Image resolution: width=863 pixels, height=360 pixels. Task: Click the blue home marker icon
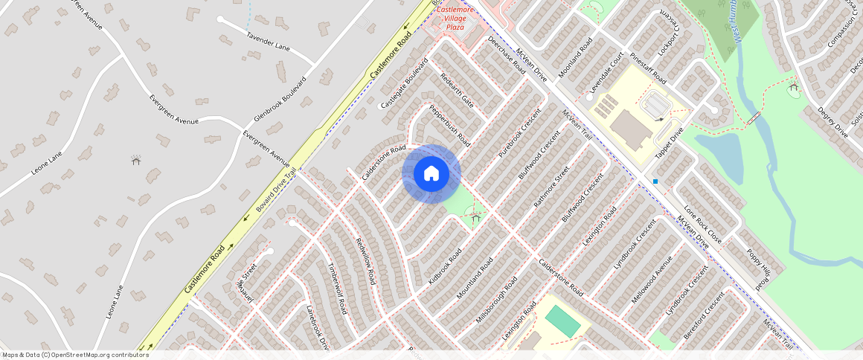431,174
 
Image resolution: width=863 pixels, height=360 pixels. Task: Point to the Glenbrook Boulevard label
280,100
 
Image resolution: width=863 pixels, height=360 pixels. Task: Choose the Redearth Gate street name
456,89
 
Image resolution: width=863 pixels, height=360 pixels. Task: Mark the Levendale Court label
606,73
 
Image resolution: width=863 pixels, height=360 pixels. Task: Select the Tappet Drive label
669,143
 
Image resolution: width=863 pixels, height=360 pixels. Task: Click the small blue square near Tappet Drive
655,181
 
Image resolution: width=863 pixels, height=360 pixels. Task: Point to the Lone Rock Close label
702,225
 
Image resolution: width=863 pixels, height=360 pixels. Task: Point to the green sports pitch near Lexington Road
562,321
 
